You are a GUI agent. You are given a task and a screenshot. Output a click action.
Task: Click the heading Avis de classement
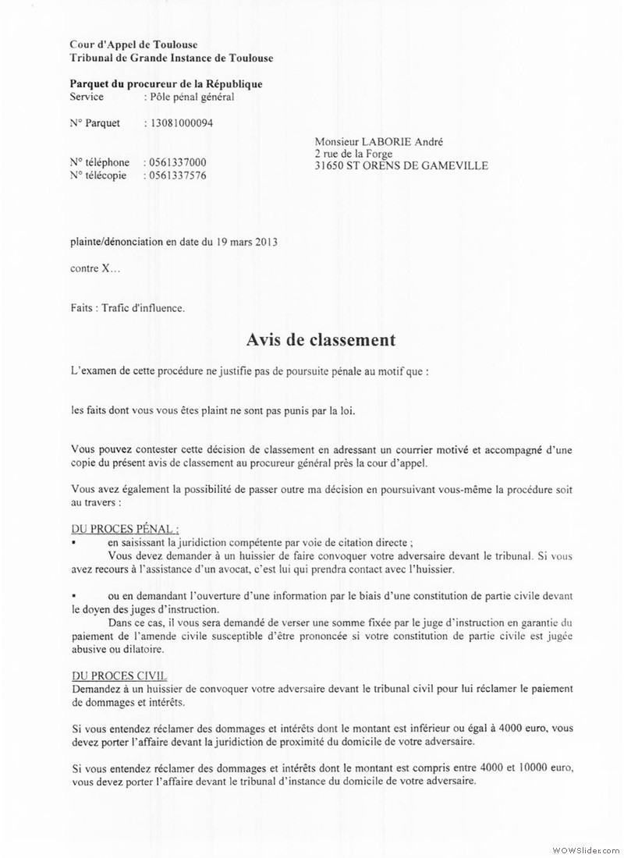click(321, 340)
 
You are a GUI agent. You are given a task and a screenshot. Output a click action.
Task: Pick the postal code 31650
click(328, 166)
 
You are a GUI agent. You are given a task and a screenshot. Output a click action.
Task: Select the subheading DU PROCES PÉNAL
click(125, 528)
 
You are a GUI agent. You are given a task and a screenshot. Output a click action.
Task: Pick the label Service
click(87, 97)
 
